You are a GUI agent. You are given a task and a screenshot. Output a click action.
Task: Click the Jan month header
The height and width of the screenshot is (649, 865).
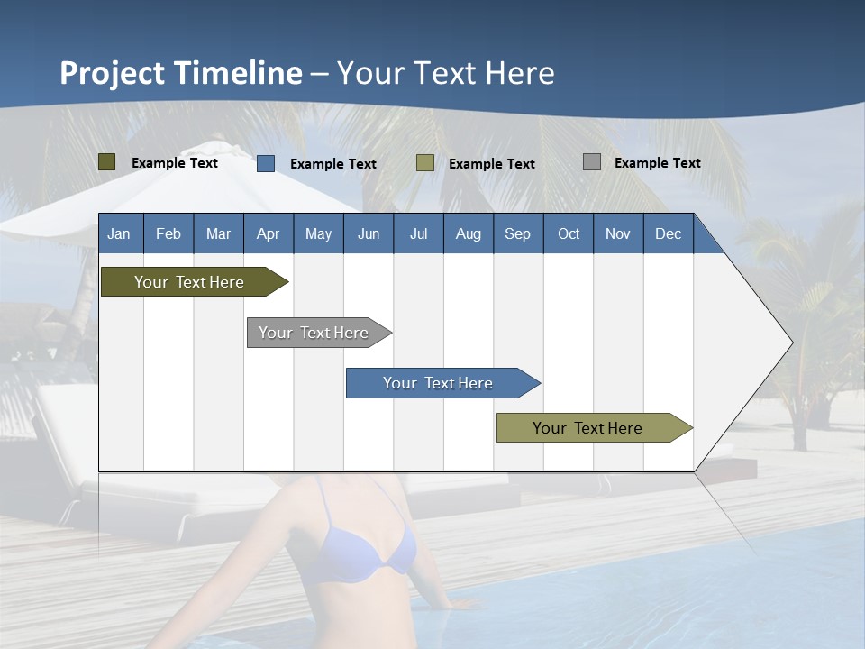point(119,233)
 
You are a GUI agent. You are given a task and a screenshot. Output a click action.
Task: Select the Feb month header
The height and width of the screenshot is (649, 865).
point(168,233)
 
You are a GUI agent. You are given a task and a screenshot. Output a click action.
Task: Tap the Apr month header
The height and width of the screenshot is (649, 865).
point(269,233)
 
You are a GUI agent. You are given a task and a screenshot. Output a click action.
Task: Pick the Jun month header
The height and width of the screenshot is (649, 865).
point(369,233)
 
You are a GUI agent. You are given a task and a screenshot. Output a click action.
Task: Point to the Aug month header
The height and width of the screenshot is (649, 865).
point(469,233)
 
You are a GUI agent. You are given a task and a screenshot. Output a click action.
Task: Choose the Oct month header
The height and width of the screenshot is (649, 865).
point(569,233)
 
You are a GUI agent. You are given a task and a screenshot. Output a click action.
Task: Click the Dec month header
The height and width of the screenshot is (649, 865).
point(669,233)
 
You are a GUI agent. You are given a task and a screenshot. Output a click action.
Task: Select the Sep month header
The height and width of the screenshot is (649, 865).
point(518,233)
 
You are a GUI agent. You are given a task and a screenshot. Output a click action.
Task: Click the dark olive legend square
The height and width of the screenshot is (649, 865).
point(107,162)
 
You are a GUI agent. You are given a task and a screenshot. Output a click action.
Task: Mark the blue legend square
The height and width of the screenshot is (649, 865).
point(266,163)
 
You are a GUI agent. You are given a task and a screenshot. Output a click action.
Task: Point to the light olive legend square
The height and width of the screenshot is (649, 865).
point(425,163)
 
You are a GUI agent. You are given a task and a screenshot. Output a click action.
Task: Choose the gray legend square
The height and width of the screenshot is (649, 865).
point(592,162)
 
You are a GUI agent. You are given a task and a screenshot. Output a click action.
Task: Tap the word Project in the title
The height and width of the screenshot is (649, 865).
point(113,73)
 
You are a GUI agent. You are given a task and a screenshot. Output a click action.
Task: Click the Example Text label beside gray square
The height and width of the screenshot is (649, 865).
point(657,163)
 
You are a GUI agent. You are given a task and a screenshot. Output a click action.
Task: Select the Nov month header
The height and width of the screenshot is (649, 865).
point(618,233)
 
